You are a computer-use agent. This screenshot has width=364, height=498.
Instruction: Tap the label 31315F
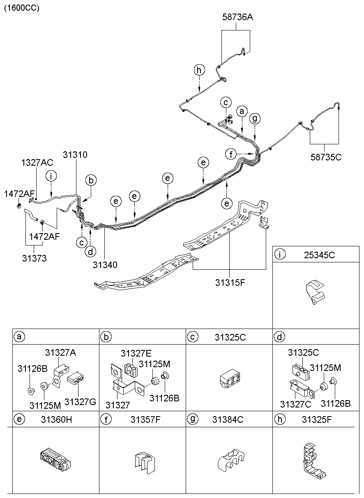point(230,283)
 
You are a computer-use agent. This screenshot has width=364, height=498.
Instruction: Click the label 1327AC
point(37,163)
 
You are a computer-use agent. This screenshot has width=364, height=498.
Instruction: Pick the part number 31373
point(34,258)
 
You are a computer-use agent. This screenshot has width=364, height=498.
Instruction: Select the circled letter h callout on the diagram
point(199,70)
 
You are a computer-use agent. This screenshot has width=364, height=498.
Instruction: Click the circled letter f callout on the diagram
point(231,154)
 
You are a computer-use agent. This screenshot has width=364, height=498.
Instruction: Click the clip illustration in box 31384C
point(230,462)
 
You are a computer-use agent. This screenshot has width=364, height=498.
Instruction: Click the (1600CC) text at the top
point(22,8)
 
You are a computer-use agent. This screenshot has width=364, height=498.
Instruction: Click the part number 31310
point(75,155)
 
